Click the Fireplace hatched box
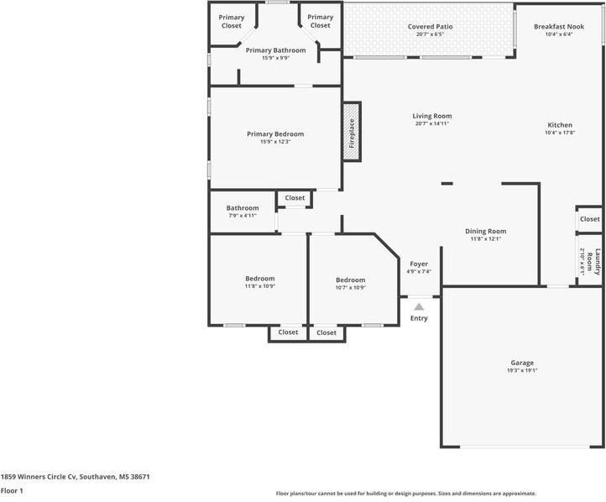click(x=352, y=132)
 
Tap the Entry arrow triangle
click(x=419, y=307)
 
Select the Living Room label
click(x=431, y=116)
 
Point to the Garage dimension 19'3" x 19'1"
click(x=522, y=370)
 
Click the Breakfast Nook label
click(x=559, y=27)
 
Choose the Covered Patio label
click(x=430, y=27)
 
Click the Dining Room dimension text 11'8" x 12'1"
click(x=486, y=238)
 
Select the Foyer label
click(x=419, y=264)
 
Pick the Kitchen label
click(x=560, y=125)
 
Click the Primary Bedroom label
click(x=275, y=134)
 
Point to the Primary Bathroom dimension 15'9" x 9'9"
click(x=275, y=58)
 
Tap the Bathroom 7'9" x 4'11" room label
click(x=243, y=208)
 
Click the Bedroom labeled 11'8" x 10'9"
click(x=260, y=279)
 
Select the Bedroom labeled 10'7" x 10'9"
click(x=351, y=280)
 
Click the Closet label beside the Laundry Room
click(x=590, y=219)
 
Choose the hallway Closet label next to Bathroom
click(x=295, y=198)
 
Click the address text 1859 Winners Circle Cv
click(x=39, y=477)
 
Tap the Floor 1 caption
click(x=12, y=491)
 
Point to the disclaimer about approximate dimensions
click(x=405, y=494)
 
